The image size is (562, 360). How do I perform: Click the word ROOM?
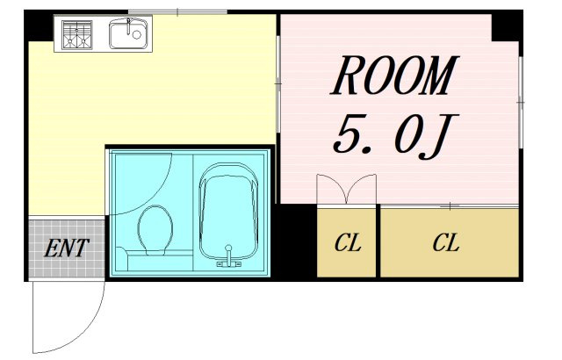pos(394,76)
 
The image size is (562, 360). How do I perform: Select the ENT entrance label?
pos(67,248)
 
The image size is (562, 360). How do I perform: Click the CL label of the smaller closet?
pos(347,243)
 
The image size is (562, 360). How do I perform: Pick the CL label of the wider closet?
pos(445,243)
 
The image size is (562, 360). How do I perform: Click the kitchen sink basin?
pos(128,34)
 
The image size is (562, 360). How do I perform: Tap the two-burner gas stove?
pos(76,34)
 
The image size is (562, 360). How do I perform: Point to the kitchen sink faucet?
pos(128,26)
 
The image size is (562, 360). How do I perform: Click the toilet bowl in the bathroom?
pos(155,230)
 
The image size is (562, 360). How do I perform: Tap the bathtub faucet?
pos(228,257)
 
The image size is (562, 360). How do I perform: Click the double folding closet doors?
pos(346,189)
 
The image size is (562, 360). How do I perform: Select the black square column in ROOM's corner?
pos(507,27)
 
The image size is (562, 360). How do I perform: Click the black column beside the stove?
pos(39,25)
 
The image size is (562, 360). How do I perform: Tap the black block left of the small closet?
pos(295,241)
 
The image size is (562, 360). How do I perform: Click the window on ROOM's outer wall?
pos(521,103)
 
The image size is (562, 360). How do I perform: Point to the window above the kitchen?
pos(177,12)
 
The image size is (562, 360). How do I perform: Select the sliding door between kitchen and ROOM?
pos(278,83)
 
